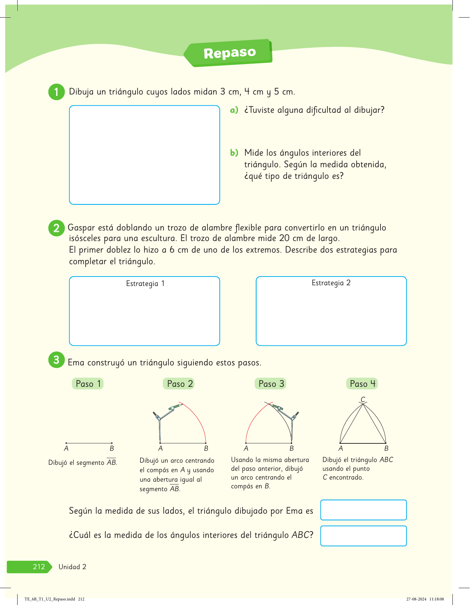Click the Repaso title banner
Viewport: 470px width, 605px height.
(x=230, y=53)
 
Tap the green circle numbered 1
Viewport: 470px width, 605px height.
(x=56, y=92)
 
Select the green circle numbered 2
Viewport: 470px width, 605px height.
(x=56, y=228)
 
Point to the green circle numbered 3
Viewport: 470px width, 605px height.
(x=56, y=360)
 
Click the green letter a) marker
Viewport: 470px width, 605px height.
(x=234, y=110)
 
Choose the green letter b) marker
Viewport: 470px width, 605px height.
(x=234, y=153)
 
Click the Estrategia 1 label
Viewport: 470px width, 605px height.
(x=145, y=284)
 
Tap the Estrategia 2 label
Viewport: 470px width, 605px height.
(x=331, y=283)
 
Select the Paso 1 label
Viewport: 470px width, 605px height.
(x=88, y=384)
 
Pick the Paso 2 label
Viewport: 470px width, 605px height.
(x=180, y=384)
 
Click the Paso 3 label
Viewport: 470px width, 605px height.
(x=271, y=384)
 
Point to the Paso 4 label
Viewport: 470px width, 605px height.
(x=362, y=384)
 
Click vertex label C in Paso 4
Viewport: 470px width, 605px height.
(x=363, y=399)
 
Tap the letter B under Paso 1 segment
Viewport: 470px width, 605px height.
(x=112, y=448)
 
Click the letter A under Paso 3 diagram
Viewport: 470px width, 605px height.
(x=246, y=448)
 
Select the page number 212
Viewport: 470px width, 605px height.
(x=39, y=567)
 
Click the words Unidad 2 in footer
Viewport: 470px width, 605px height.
(x=72, y=567)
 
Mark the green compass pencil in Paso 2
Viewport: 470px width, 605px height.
(x=176, y=407)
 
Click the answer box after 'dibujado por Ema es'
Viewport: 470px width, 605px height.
(x=363, y=510)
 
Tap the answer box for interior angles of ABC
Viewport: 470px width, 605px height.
(x=363, y=536)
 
